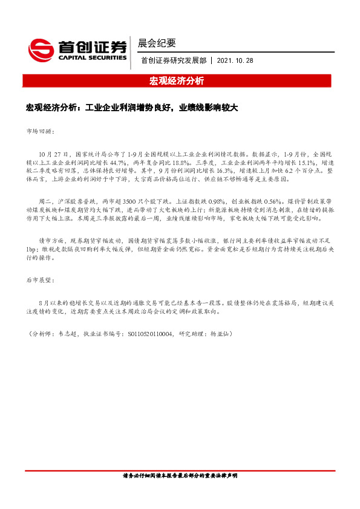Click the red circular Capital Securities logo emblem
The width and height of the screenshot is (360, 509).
[42, 47]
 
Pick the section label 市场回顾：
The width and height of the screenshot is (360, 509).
[41, 131]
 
